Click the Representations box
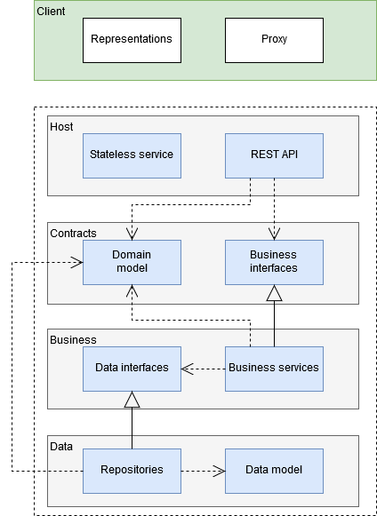(132, 40)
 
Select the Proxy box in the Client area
(274, 40)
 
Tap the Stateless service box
(132, 155)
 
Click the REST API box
(274, 155)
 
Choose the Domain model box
(132, 262)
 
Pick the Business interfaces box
(274, 262)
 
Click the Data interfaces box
(132, 369)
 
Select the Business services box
(274, 369)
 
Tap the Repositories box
(132, 471)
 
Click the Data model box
(274, 471)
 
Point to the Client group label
(51, 12)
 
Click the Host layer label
(61, 127)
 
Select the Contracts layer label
(73, 234)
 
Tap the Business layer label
(73, 340)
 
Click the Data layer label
(61, 447)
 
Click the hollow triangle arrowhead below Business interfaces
(274, 293)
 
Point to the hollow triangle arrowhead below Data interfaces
(132, 400)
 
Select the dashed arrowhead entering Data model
(220, 471)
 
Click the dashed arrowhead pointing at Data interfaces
(188, 369)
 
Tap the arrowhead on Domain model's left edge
(76, 262)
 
